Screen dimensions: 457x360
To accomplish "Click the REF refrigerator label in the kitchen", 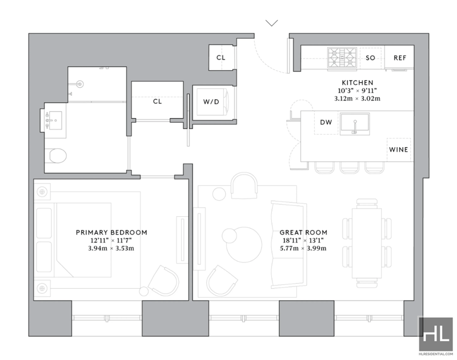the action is coord(399,58).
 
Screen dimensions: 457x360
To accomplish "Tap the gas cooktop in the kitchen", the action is coord(342,58).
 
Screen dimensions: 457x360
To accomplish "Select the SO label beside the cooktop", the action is coord(370,58).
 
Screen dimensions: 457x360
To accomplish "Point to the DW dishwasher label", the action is coord(326,122).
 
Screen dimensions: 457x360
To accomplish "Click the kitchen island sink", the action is coord(355,124).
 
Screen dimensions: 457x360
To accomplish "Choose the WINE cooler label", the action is coord(398,149).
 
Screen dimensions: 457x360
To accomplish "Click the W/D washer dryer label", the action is coord(211,102).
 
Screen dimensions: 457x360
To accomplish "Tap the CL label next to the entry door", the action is coord(221,58).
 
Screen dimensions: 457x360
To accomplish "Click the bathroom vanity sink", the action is coord(54,120).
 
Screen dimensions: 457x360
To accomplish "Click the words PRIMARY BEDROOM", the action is coord(111,233).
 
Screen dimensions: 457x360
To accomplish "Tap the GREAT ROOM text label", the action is coord(303,233).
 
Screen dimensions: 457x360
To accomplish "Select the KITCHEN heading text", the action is coord(358,83).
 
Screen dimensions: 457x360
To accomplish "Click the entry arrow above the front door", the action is coord(272,23).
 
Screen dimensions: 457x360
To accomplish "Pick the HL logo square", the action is coord(436,334).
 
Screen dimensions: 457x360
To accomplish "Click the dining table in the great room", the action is coord(367,243).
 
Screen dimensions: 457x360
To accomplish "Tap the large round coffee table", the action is coord(244,245).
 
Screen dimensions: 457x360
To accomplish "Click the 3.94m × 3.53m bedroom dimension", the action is coord(111,248).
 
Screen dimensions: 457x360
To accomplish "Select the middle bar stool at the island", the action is coord(350,167).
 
